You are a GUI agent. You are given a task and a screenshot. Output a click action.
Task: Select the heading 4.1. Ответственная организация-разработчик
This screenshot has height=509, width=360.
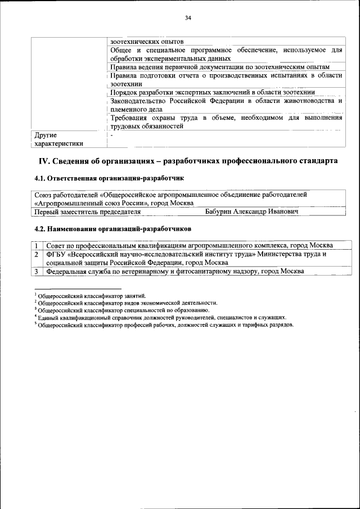click(x=109, y=178)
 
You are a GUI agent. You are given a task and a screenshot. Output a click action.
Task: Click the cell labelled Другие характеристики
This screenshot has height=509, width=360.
click(x=58, y=139)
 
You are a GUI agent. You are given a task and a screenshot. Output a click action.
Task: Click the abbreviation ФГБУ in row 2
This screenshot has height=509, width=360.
click(x=55, y=254)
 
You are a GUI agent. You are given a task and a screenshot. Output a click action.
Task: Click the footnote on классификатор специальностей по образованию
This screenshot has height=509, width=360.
click(x=123, y=310)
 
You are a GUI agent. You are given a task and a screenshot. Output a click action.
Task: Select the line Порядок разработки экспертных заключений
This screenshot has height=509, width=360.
click(x=212, y=92)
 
